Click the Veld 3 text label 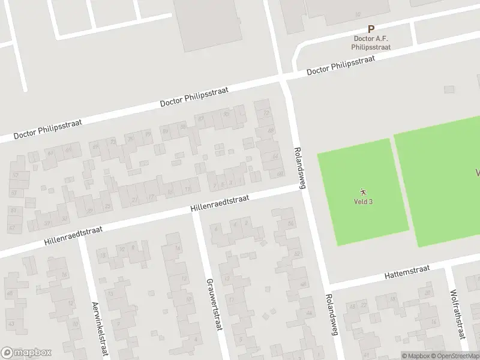pyautogui.click(x=363, y=202)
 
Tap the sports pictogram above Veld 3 pyautogui.click(x=363, y=191)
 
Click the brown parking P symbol pyautogui.click(x=371, y=29)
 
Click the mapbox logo pyautogui.click(x=26, y=353)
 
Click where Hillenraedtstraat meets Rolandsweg pyautogui.click(x=300, y=187)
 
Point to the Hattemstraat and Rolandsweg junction pyautogui.click(x=328, y=285)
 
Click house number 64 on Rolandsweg pyautogui.click(x=275, y=157)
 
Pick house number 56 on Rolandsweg pyautogui.click(x=291, y=223)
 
